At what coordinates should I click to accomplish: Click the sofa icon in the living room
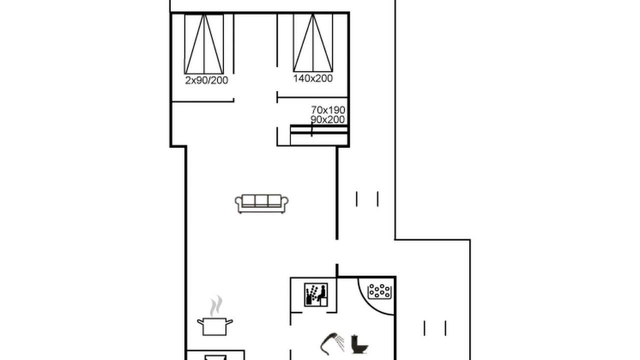pyautogui.click(x=261, y=203)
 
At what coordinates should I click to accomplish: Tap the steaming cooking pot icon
pyautogui.click(x=215, y=315)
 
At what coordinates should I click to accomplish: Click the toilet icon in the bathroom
pyautogui.click(x=359, y=344)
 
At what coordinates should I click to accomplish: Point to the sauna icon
pyautogui.click(x=315, y=294)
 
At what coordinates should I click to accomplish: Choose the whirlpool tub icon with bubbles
pyautogui.click(x=379, y=291)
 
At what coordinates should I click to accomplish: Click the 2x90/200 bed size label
pyautogui.click(x=206, y=80)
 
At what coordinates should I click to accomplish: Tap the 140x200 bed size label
pyautogui.click(x=313, y=78)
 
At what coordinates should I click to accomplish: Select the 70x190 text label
pyautogui.click(x=328, y=109)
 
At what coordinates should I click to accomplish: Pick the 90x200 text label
pyautogui.click(x=327, y=119)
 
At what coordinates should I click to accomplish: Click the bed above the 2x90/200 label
pyautogui.click(x=204, y=43)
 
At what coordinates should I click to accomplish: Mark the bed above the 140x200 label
pyautogui.click(x=313, y=42)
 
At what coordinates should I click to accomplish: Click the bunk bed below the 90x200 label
pyautogui.click(x=319, y=135)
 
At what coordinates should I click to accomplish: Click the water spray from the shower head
pyautogui.click(x=340, y=343)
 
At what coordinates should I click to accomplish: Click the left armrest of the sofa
pyautogui.click(x=238, y=202)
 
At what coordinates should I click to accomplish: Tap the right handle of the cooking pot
pyautogui.click(x=229, y=322)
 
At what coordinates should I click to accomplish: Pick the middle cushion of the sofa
pyautogui.click(x=261, y=200)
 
